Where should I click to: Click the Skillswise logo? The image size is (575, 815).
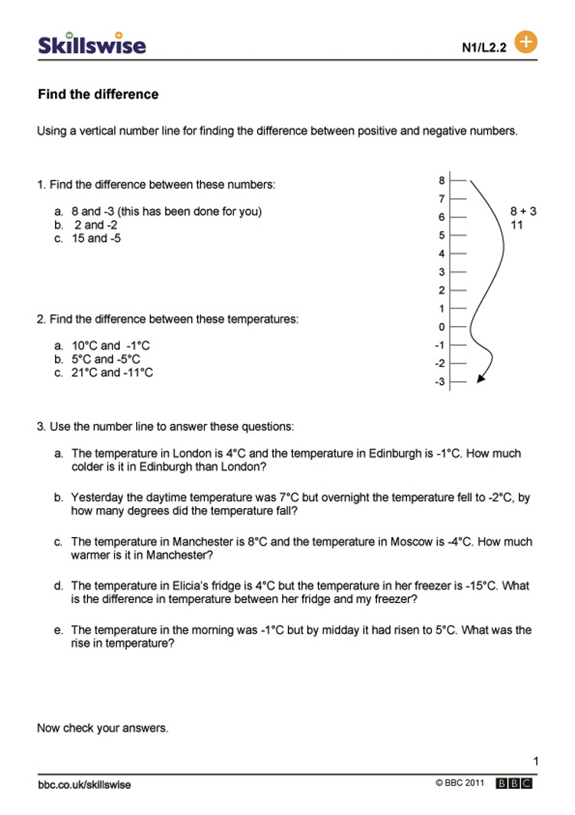click(x=92, y=44)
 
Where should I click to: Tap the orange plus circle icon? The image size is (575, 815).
click(x=526, y=41)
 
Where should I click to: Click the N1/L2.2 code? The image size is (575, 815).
click(x=484, y=47)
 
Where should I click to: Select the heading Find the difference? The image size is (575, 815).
click(x=98, y=94)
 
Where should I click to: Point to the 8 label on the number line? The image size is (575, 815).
click(x=441, y=181)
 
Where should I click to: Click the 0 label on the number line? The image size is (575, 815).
click(x=441, y=327)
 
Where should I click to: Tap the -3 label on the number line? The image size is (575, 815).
click(x=440, y=382)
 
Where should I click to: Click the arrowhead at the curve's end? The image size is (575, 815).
click(x=481, y=377)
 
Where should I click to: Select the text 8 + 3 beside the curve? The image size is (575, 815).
click(x=523, y=211)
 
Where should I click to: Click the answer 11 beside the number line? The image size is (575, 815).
click(x=517, y=225)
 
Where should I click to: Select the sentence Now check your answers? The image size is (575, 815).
click(x=102, y=728)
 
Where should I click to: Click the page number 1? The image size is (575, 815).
click(x=535, y=761)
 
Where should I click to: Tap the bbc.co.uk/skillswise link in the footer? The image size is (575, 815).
click(x=83, y=784)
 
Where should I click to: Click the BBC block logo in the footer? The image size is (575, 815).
click(x=514, y=784)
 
